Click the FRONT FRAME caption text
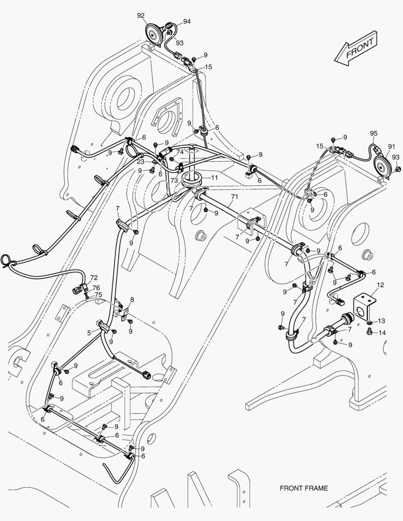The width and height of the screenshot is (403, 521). pos(304,488)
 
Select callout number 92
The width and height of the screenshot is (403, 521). pos(140,15)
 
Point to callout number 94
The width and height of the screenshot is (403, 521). pos(186,22)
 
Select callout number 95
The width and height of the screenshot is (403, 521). pos(374,133)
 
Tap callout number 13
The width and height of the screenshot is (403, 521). pos(381,321)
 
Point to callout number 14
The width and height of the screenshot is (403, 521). pos(382,332)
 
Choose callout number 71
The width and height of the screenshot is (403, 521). pos(235,197)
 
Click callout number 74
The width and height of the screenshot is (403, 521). pos(180,151)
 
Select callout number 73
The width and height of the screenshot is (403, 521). pos(161,179)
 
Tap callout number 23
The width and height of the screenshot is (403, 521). pos(140,162)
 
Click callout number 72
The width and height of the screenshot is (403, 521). pos(94,278)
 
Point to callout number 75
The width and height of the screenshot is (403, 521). pos(98,294)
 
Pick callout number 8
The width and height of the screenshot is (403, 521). pos(132,300)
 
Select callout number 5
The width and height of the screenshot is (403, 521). pos(89,332)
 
